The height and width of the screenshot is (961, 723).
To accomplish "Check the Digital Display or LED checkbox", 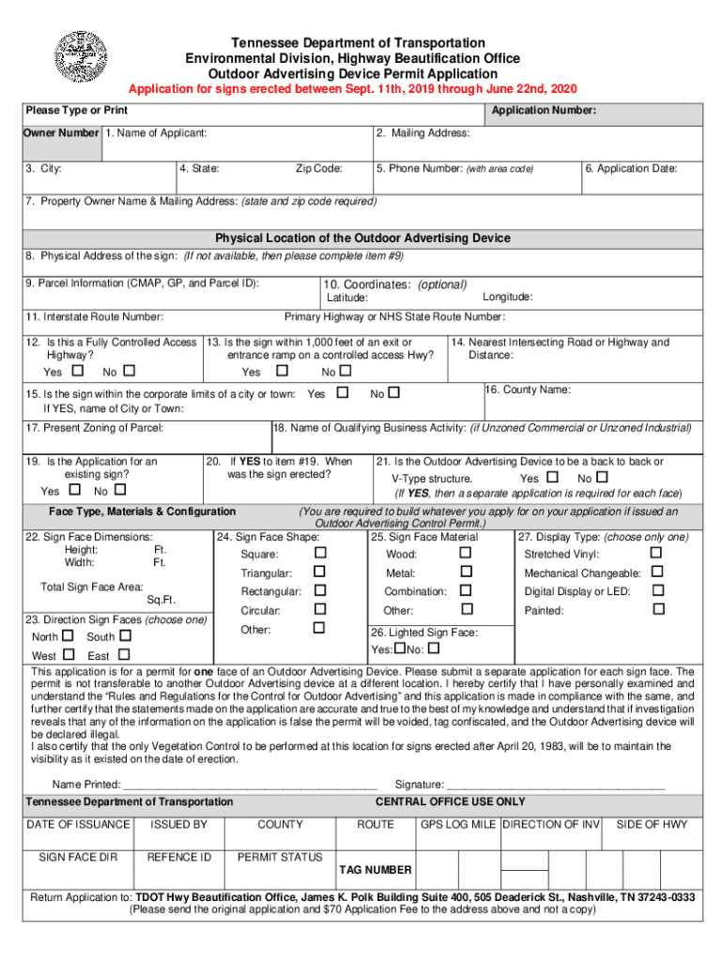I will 657,590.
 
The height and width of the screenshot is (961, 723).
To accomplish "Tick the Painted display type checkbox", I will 657,609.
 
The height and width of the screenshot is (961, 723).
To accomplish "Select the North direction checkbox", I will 67,636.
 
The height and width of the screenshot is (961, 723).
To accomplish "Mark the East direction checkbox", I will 122,655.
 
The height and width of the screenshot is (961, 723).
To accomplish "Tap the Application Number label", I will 545,111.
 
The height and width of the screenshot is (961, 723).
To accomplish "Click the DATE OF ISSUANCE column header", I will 78,825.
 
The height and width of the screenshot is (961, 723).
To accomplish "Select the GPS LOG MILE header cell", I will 458,825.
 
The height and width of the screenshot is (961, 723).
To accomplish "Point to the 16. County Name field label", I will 528,389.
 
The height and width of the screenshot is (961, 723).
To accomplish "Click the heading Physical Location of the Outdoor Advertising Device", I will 362,238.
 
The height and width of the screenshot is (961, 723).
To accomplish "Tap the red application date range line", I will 352,89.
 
